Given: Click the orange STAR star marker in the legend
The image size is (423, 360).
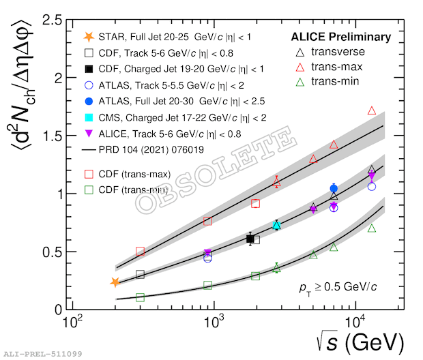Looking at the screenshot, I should tap(89, 36).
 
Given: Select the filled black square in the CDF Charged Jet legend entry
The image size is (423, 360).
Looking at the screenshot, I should tap(89, 69).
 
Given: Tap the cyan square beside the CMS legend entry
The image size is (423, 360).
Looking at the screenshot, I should tap(89, 117).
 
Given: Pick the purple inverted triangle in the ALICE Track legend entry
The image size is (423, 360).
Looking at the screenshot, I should tap(89, 134).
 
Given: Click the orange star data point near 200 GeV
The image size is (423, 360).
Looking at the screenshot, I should tap(115, 282).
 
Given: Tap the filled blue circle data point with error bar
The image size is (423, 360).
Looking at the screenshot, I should tap(334, 188).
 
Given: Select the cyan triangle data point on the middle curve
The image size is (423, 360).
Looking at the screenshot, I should tap(276, 225).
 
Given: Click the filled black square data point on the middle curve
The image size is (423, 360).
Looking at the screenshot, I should tap(250, 239).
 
